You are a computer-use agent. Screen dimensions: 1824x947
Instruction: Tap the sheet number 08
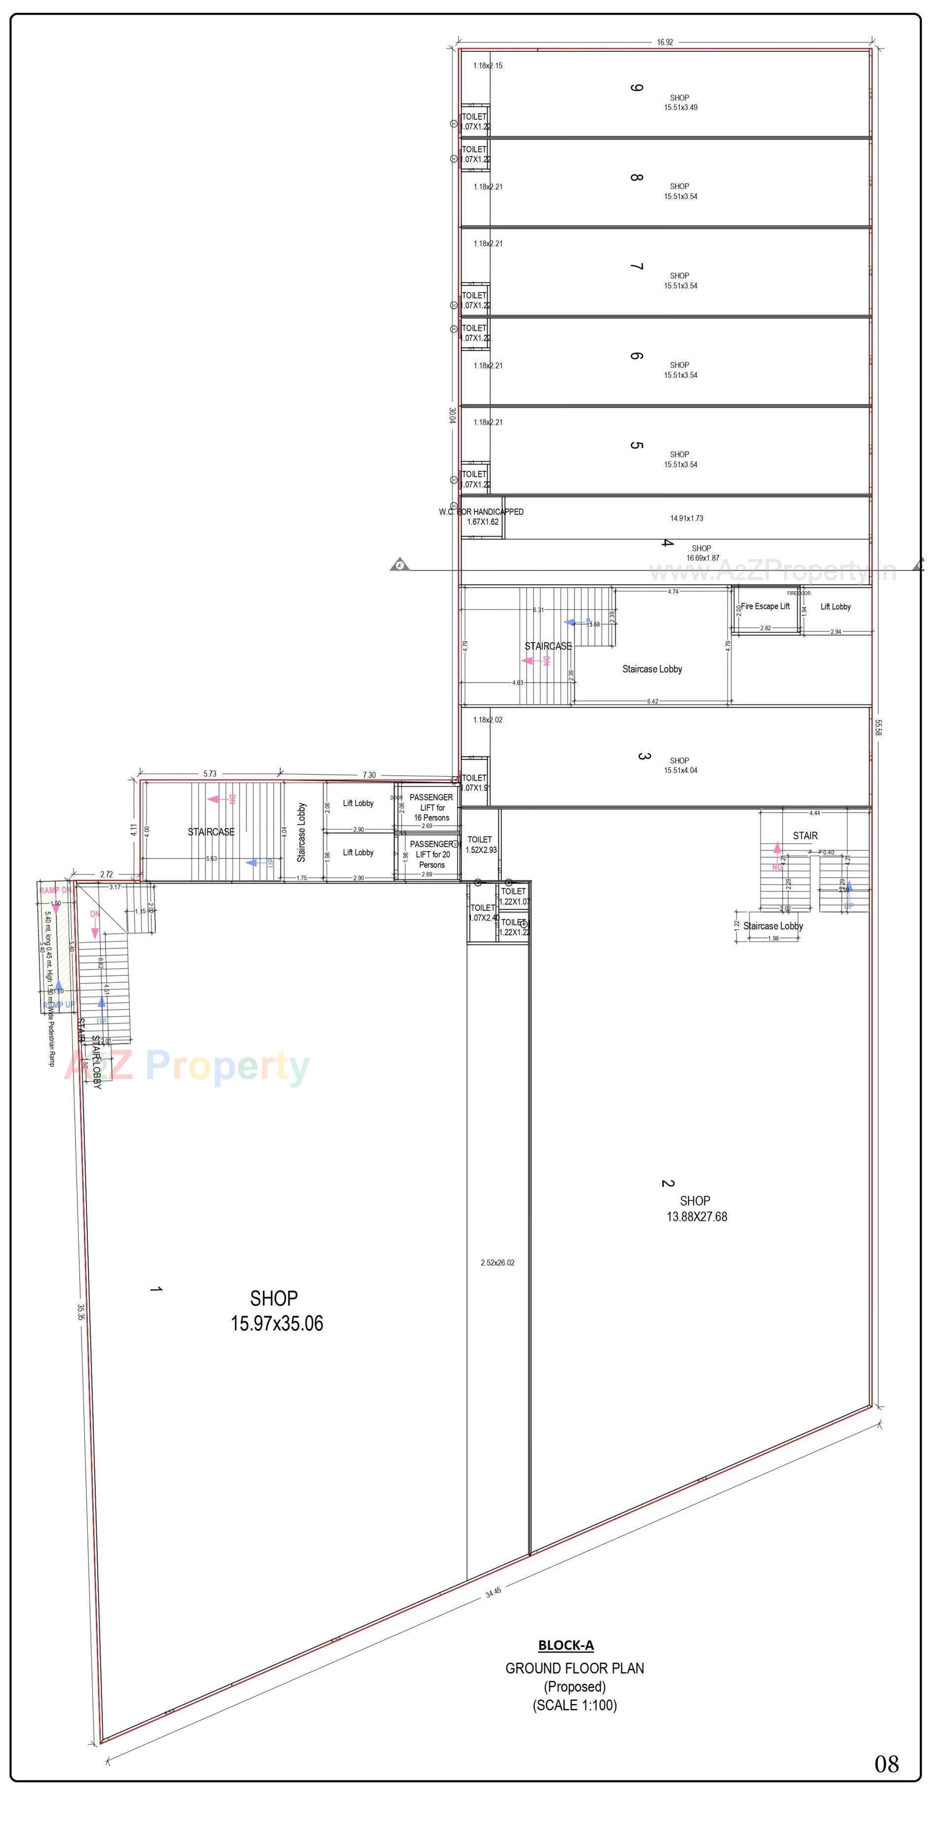click(x=886, y=1763)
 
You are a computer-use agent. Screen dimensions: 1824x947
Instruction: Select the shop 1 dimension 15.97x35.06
click(x=276, y=1323)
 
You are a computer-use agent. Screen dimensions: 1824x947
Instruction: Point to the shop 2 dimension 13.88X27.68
click(x=696, y=1216)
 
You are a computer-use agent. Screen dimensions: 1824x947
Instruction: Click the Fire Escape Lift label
click(x=765, y=606)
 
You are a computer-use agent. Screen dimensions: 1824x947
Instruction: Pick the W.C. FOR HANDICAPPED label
click(x=482, y=512)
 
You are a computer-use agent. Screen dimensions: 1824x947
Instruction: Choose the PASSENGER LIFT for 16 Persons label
click(x=432, y=807)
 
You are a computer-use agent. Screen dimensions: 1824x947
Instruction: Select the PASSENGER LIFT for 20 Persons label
click(x=432, y=855)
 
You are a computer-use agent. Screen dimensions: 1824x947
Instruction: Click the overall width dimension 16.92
click(x=664, y=42)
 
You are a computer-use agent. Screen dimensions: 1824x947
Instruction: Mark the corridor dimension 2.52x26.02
click(x=497, y=1262)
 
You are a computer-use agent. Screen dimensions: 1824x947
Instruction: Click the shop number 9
click(x=636, y=87)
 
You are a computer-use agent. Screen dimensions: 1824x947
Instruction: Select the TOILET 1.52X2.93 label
click(x=480, y=845)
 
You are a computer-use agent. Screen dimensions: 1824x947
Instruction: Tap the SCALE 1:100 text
click(x=575, y=1705)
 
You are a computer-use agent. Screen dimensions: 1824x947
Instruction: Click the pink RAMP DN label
click(x=55, y=890)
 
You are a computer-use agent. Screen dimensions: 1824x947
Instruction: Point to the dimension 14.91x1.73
click(x=687, y=518)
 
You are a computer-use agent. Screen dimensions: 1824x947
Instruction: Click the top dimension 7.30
click(x=369, y=775)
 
